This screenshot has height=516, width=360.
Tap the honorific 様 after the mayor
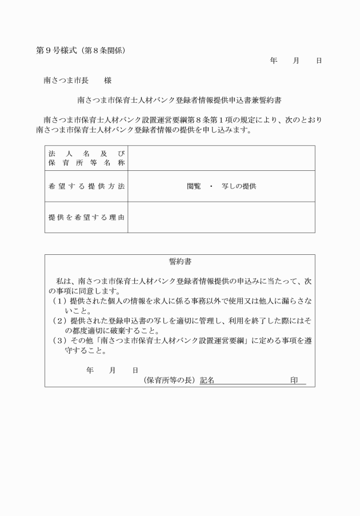coord(107,81)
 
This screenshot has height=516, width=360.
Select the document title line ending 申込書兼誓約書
coord(179,100)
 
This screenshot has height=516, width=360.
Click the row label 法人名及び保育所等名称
coord(86,158)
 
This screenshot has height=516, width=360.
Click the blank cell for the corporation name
coord(221,158)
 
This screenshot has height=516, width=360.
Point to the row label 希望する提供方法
coord(86,186)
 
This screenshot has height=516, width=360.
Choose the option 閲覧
coord(194,186)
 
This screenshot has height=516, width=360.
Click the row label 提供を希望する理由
coord(86,217)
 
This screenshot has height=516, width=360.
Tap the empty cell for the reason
coord(221,217)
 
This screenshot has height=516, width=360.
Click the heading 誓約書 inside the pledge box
coord(180,262)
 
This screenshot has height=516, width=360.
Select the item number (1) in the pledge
coord(59,301)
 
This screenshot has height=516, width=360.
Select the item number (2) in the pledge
coord(59,321)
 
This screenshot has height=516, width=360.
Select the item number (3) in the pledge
coord(59,341)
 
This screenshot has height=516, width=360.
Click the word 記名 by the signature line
coord(207,381)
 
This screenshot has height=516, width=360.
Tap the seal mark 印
coord(294,381)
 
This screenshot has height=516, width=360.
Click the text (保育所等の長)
coord(170,381)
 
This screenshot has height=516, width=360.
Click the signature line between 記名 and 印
coord(251,382)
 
